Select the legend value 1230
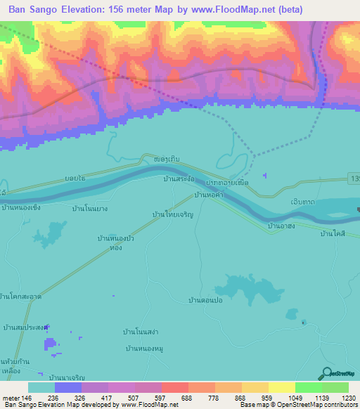(348, 397)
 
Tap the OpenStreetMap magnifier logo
(326, 373)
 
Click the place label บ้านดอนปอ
(205, 300)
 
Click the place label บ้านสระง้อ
(179, 180)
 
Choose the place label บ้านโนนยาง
(89, 208)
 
